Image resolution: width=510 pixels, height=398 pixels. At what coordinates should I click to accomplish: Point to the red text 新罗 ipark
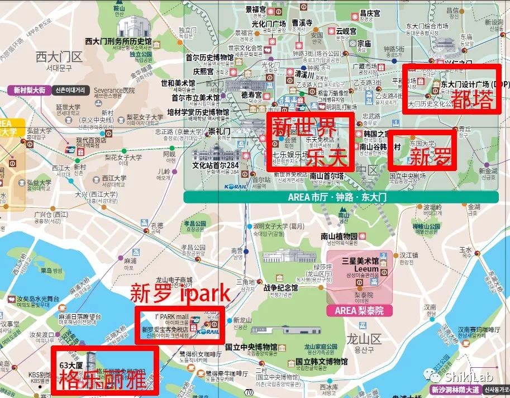(180, 292)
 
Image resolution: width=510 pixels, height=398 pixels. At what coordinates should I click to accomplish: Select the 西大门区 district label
(59, 56)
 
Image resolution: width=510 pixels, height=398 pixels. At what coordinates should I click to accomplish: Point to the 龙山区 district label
(364, 339)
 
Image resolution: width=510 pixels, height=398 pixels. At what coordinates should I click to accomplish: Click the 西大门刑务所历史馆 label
(118, 41)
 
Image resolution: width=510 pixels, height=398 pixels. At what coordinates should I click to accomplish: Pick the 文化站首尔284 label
(215, 165)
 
